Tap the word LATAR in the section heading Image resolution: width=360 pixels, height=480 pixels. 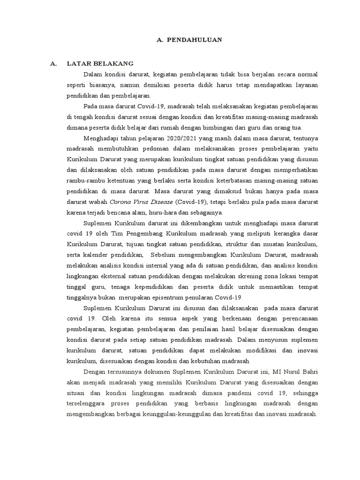78,63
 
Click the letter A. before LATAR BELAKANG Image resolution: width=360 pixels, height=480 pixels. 53,63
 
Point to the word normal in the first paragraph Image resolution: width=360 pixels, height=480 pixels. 305,74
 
